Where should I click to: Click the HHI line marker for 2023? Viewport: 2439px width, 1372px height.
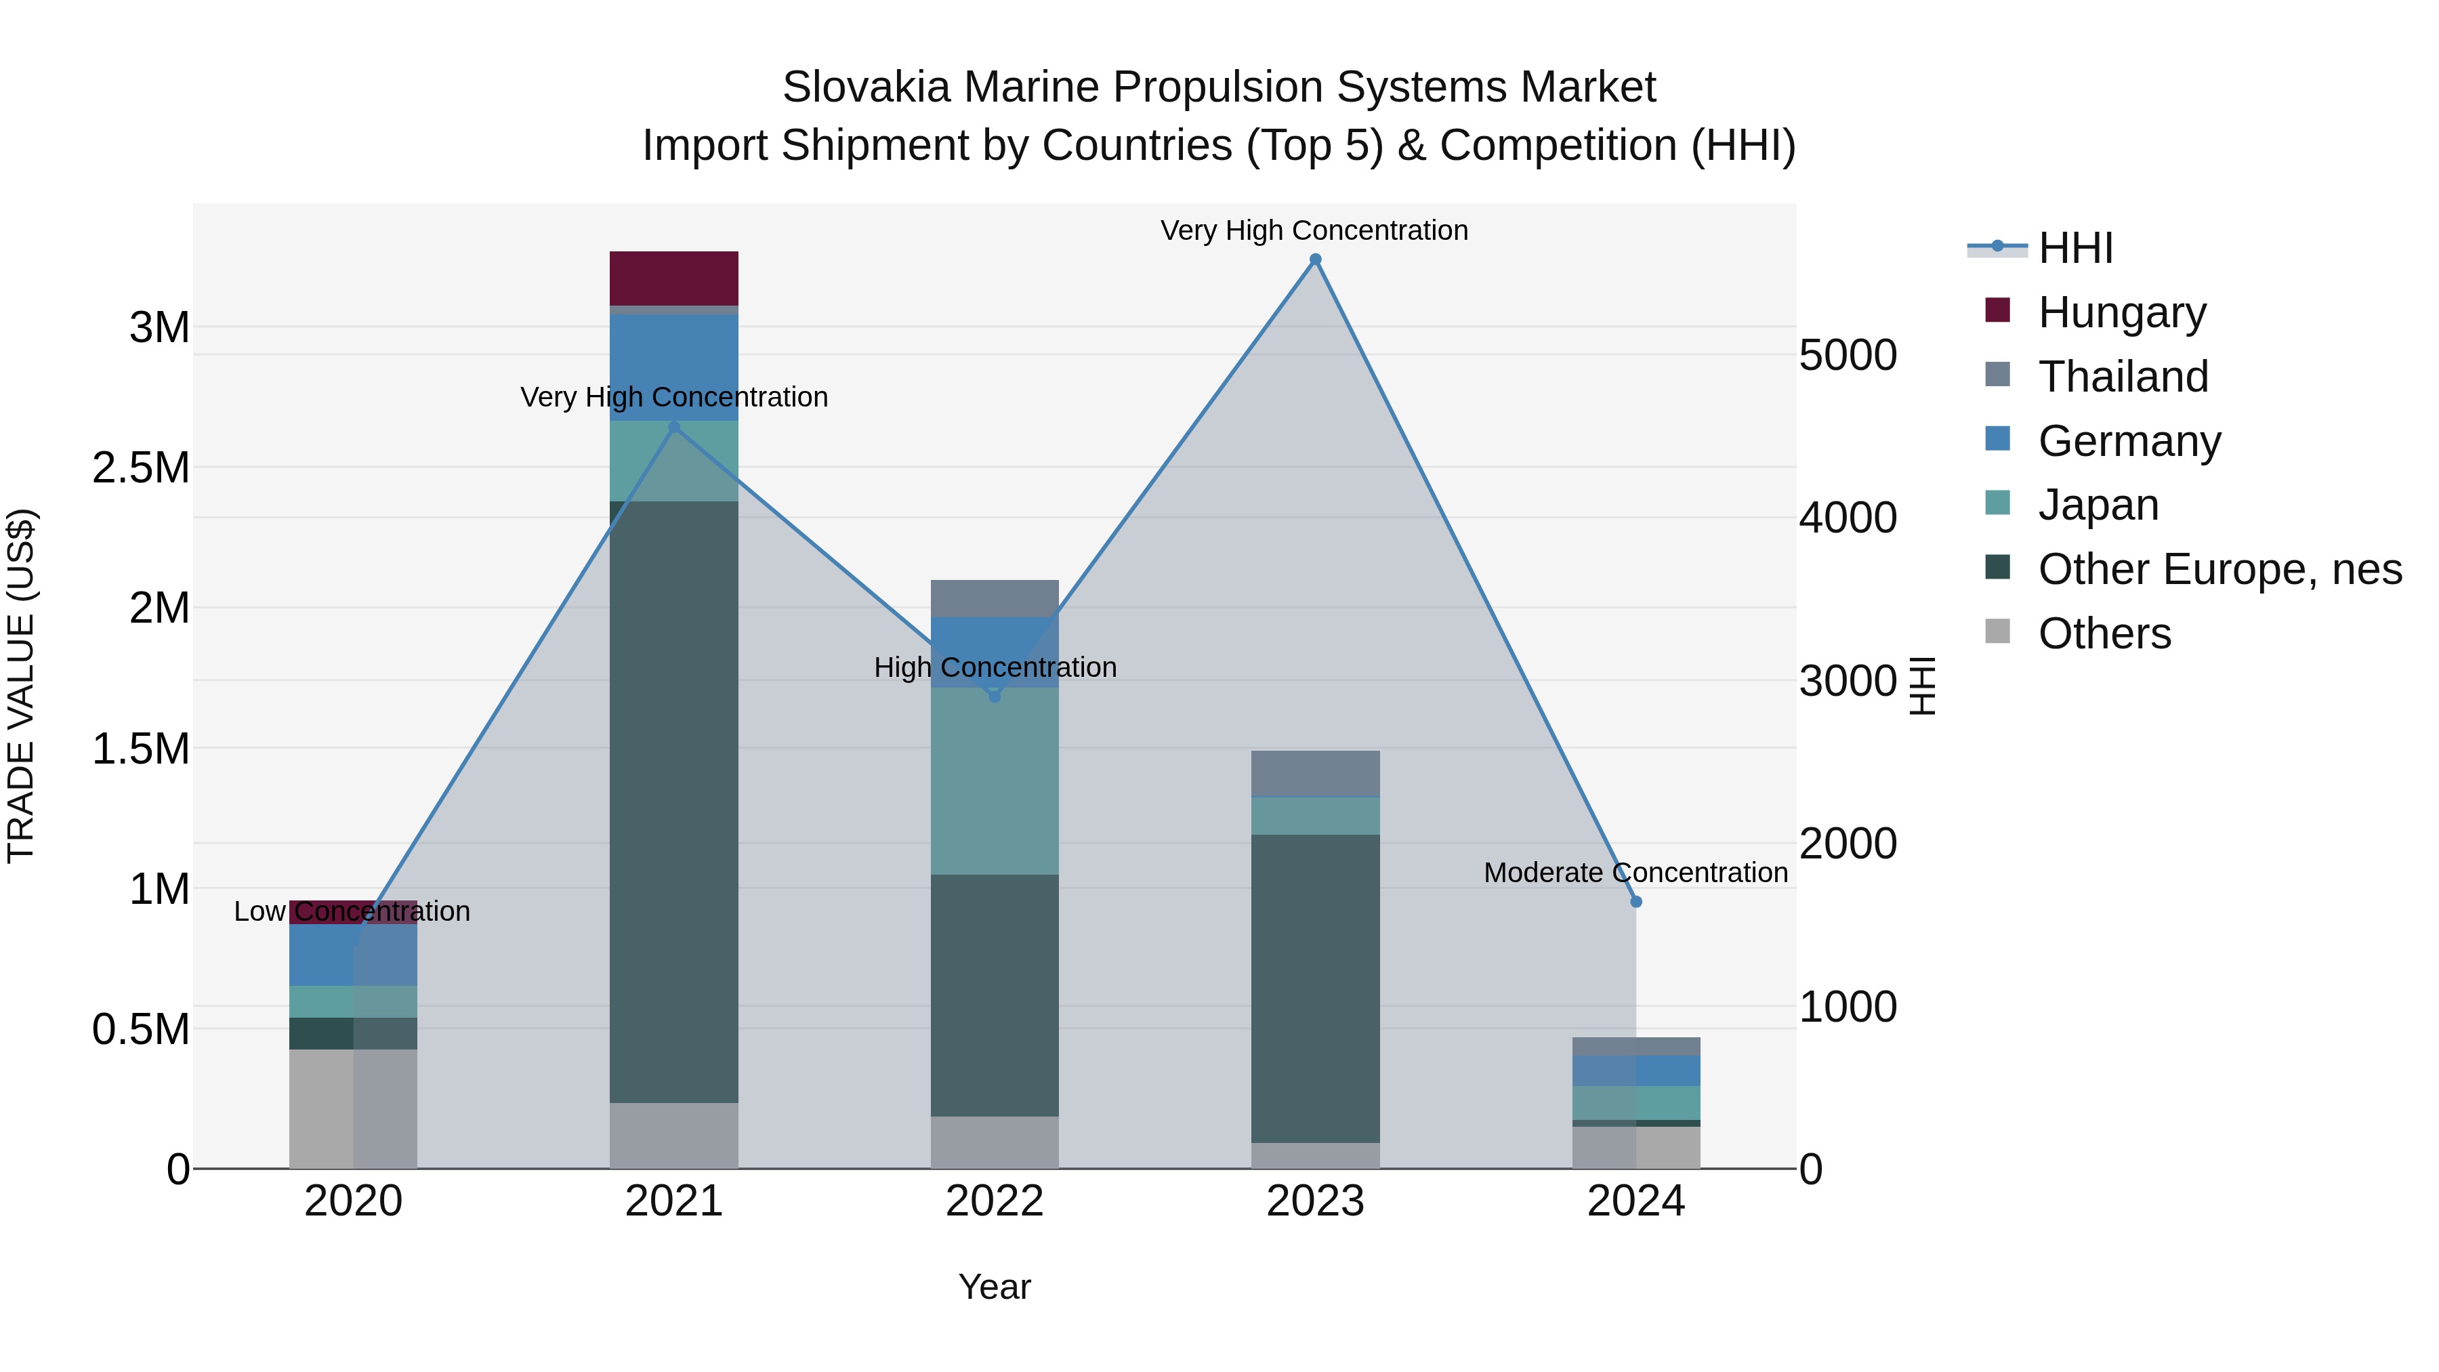click(1315, 259)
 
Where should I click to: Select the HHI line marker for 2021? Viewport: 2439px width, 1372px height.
click(674, 427)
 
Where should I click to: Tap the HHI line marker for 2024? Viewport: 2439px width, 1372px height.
click(1636, 901)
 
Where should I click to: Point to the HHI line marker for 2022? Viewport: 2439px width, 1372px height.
click(994, 696)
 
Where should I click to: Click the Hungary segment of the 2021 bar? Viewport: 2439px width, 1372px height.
click(674, 278)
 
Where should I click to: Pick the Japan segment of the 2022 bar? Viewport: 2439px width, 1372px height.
click(994, 781)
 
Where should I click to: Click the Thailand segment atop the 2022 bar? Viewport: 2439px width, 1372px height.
click(994, 598)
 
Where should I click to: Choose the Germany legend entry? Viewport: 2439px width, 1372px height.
click(2129, 441)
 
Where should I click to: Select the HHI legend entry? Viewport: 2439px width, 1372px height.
click(2075, 248)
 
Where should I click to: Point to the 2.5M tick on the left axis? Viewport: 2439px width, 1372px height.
click(141, 467)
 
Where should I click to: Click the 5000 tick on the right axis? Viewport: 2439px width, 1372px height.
click(1848, 355)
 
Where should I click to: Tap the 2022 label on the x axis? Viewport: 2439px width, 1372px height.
click(994, 1201)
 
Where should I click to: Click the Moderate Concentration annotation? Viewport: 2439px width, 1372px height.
click(1635, 872)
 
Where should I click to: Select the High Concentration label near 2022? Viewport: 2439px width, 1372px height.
click(994, 667)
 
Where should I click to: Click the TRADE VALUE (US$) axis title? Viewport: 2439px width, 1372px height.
click(21, 686)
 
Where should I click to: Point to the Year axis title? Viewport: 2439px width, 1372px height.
click(994, 1287)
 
